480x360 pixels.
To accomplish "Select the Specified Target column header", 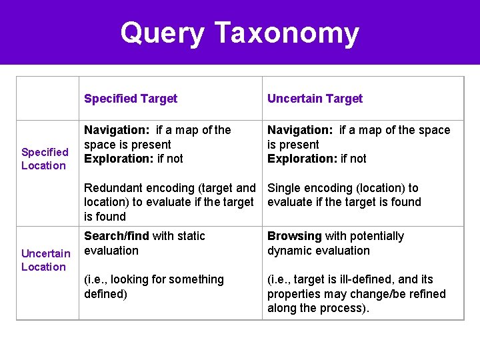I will [x=131, y=99].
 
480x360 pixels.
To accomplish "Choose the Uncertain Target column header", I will [x=315, y=99].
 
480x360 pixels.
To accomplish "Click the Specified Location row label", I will [x=44, y=159].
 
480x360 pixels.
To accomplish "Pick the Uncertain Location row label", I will [x=45, y=260].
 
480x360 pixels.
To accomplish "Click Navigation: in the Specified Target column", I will [x=117, y=130].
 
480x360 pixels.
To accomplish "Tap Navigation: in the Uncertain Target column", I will [x=300, y=130].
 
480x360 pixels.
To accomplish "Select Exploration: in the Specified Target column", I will [x=117, y=159].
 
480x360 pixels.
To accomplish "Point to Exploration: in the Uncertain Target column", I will [x=300, y=159].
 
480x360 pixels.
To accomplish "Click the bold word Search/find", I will [x=117, y=236].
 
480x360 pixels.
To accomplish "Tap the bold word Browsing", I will [x=295, y=236].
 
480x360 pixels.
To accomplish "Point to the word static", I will [x=190, y=236].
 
